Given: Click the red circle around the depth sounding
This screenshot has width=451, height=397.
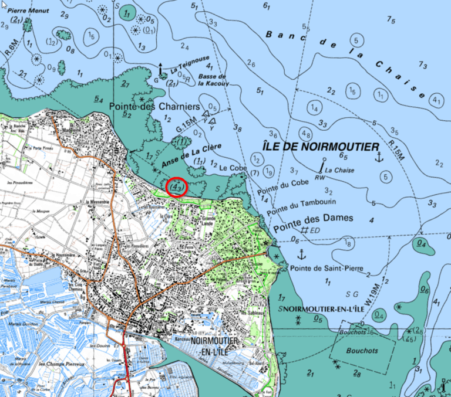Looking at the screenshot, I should (x=177, y=187).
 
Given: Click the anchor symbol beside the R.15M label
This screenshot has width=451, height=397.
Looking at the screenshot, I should (x=379, y=157).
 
